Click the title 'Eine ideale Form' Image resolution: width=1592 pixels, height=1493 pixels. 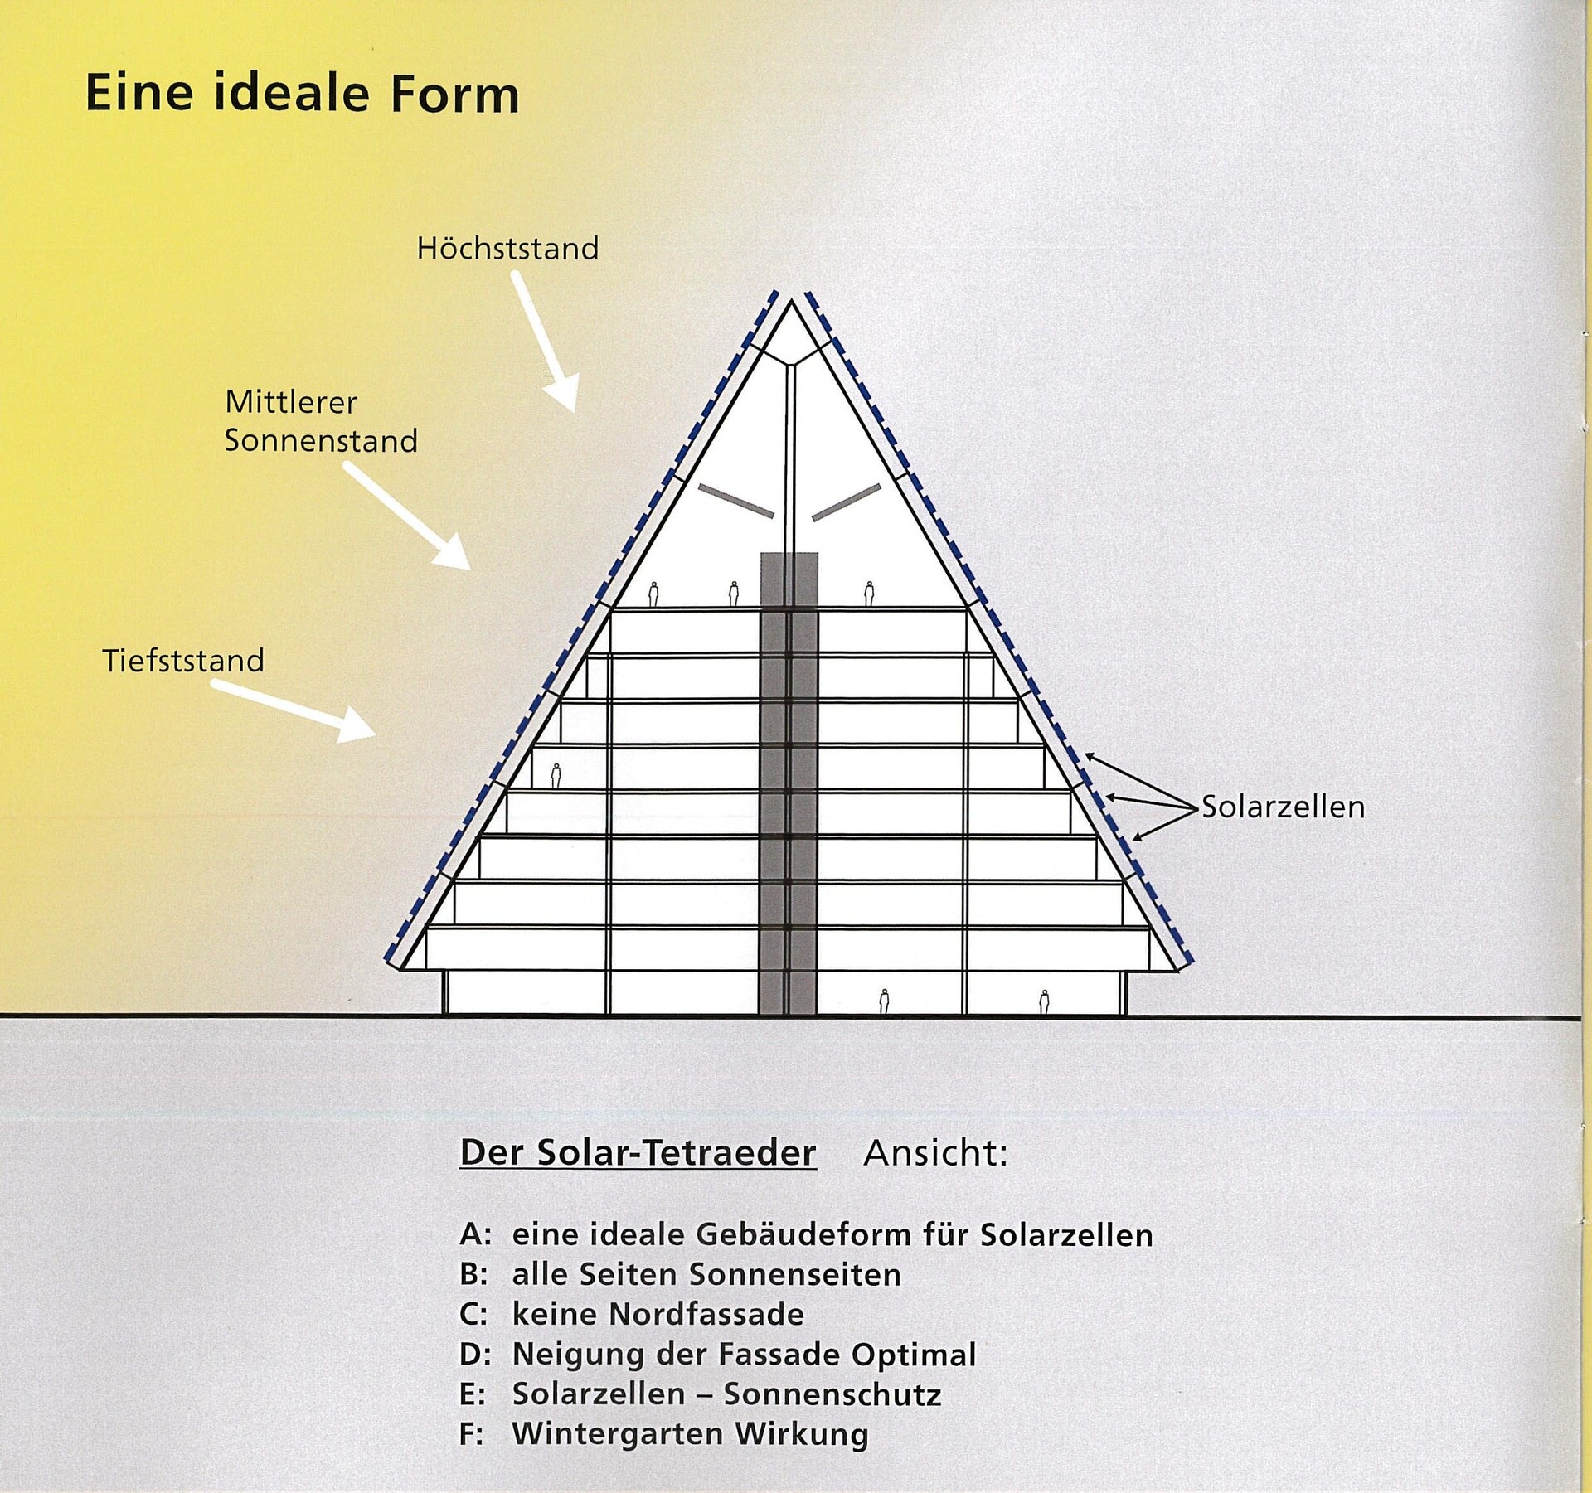(303, 92)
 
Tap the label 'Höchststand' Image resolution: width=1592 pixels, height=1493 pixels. (507, 249)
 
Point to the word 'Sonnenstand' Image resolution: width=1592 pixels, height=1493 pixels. (321, 441)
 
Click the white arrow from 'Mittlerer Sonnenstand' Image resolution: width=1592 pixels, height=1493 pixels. (407, 516)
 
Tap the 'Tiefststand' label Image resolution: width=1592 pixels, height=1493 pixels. (183, 661)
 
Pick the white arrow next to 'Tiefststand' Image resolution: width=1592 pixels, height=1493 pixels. (294, 711)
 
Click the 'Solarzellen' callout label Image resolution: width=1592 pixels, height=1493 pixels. (1283, 807)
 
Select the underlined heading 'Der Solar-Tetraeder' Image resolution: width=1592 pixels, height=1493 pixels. (638, 1153)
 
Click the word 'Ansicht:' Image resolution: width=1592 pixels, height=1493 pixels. (935, 1153)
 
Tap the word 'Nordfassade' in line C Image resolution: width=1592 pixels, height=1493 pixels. (706, 1314)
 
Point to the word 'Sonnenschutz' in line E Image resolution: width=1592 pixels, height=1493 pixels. (832, 1394)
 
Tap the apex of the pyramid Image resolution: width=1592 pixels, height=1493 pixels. (791, 300)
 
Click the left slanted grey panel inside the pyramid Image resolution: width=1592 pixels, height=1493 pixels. (736, 500)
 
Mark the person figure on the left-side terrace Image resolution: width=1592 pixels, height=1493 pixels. (556, 775)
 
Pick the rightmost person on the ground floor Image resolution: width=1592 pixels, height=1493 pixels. (1044, 1001)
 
